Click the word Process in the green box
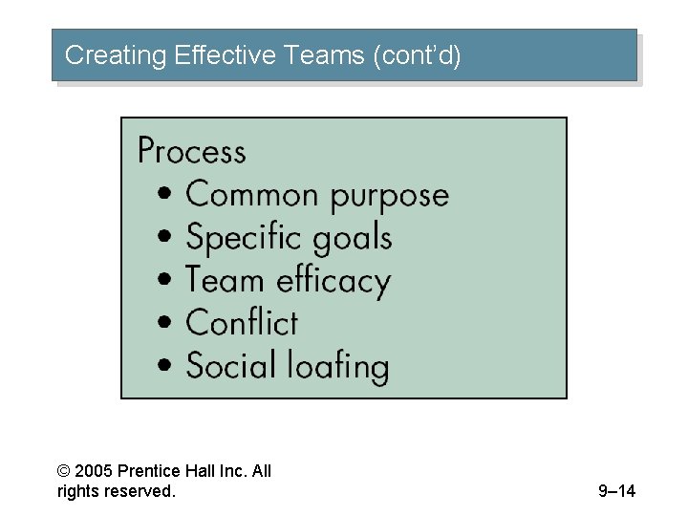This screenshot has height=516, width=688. click(191, 152)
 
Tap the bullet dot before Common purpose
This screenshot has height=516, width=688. click(167, 195)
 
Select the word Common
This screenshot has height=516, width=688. click(251, 194)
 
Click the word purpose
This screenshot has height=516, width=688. click(389, 197)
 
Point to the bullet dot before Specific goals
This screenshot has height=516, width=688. click(167, 238)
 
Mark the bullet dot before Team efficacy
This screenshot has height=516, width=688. click(167, 281)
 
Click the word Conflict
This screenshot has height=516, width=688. click(242, 323)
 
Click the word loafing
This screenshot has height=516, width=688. click(334, 367)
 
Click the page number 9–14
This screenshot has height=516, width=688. click(616, 492)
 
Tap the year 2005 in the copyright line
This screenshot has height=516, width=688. click(93, 471)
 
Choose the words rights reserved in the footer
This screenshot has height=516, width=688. click(117, 492)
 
